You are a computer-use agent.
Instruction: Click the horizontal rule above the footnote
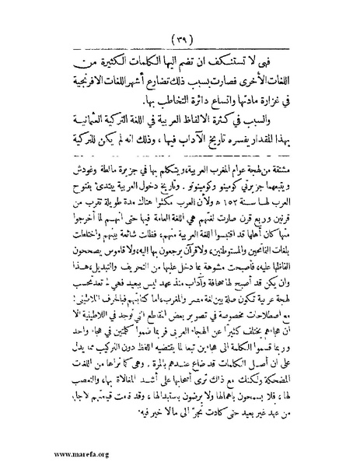tap(180, 154)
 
